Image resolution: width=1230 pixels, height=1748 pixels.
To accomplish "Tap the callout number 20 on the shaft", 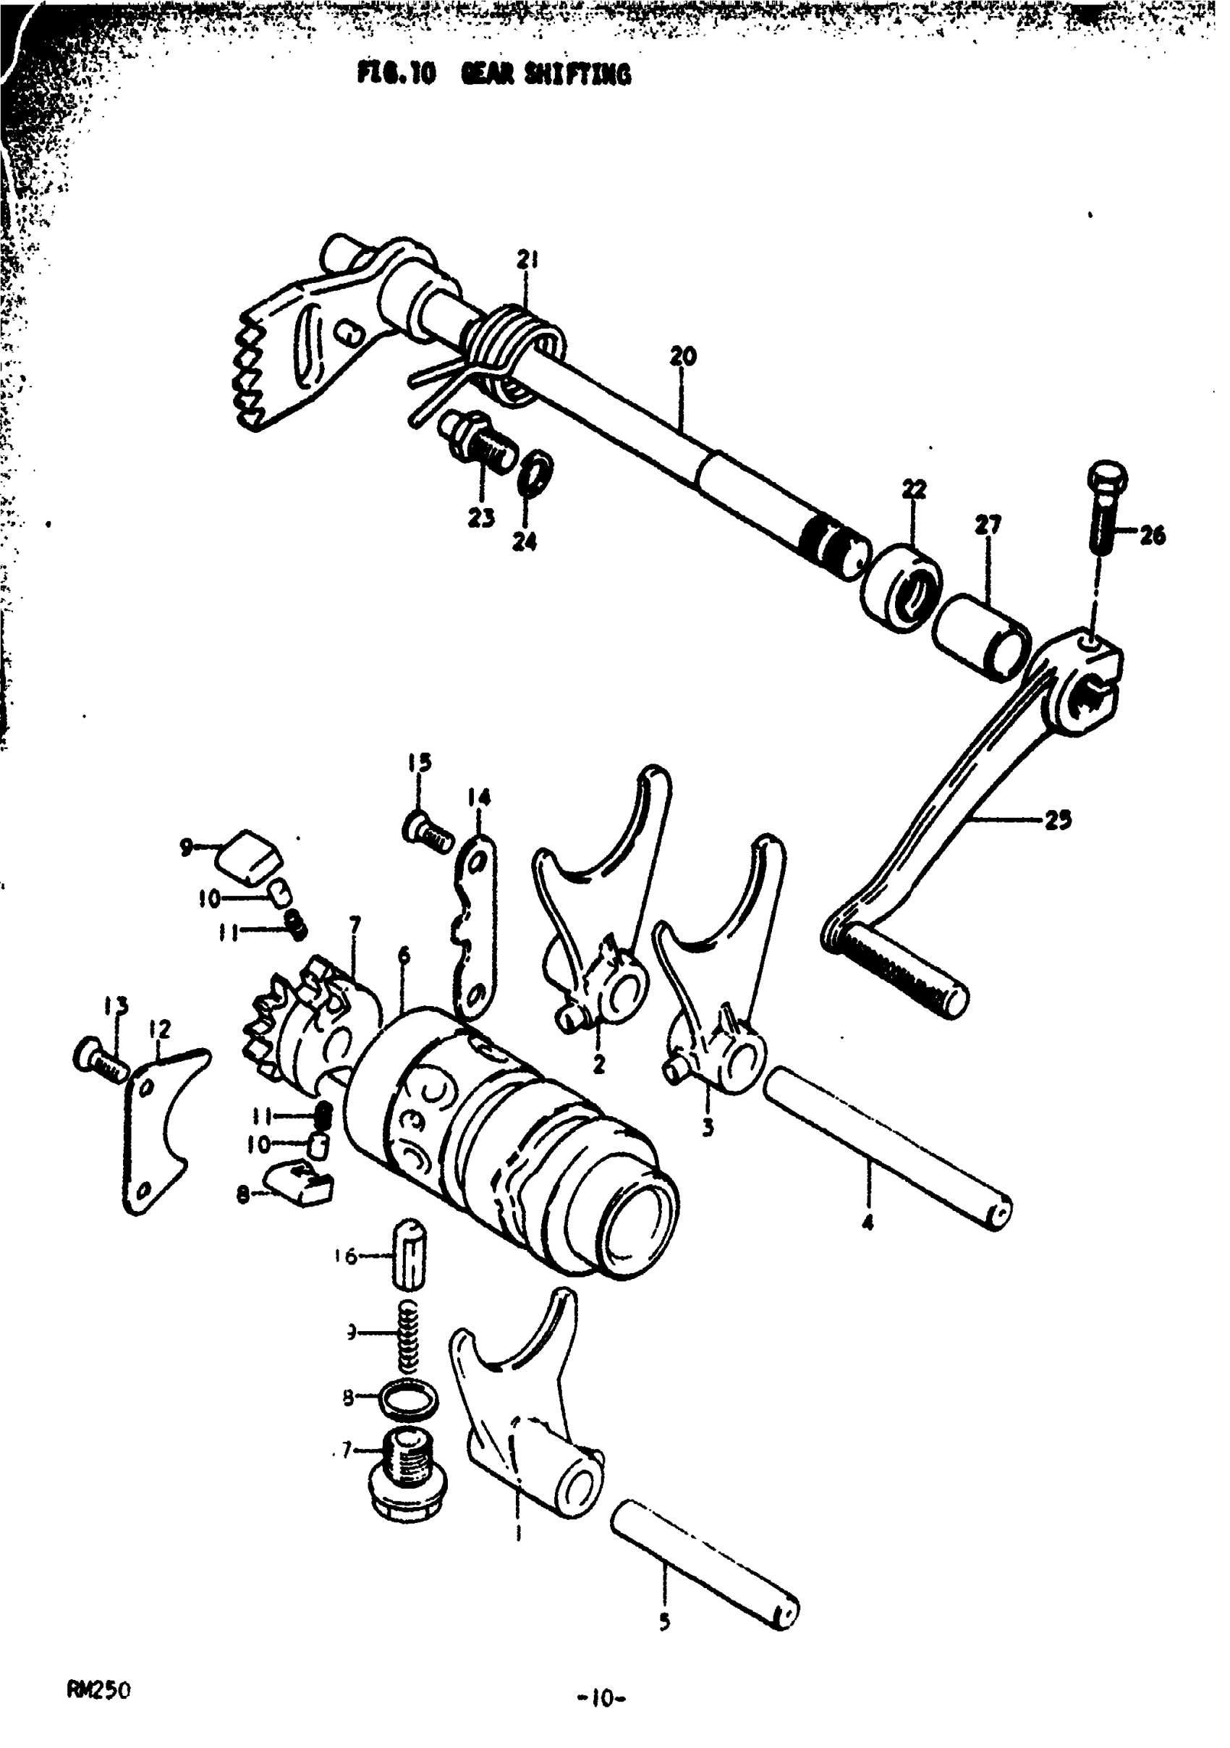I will tap(683, 356).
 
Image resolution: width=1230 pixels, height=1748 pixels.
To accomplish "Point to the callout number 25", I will tap(1057, 820).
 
